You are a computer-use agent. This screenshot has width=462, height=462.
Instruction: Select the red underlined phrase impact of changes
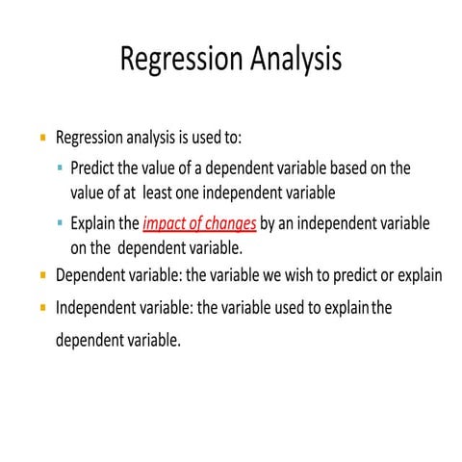tap(200, 224)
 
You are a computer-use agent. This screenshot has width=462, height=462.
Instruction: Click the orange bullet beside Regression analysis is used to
tap(42, 138)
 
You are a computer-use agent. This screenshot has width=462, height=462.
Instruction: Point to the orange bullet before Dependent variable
tap(42, 275)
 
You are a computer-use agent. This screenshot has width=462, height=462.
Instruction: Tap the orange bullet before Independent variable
tap(42, 310)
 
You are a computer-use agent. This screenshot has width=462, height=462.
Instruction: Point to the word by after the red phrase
tap(269, 224)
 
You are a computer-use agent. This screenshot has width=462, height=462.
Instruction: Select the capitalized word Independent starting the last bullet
tap(98, 310)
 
